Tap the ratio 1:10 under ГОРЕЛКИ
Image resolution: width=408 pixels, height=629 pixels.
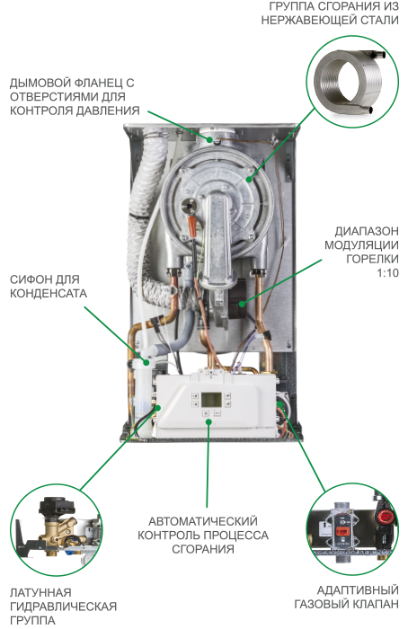tap(387, 273)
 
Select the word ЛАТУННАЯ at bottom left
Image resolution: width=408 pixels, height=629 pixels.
tap(40, 592)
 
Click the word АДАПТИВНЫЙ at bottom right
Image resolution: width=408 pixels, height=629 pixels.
tap(358, 590)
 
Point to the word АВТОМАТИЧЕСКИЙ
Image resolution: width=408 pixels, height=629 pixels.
tap(203, 521)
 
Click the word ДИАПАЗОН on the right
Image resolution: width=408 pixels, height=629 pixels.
tap(367, 232)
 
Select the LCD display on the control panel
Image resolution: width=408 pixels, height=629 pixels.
tap(211, 399)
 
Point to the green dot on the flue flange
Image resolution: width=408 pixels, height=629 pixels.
tap(210, 140)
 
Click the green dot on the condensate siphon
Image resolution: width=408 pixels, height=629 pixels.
tap(146, 363)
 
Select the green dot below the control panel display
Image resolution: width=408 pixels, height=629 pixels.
tap(208, 421)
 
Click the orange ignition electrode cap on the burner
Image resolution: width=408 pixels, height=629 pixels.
tap(192, 226)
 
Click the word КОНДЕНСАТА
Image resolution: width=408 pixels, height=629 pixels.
tap(49, 293)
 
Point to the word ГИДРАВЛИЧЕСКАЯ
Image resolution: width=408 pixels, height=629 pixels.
tap(64, 607)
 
